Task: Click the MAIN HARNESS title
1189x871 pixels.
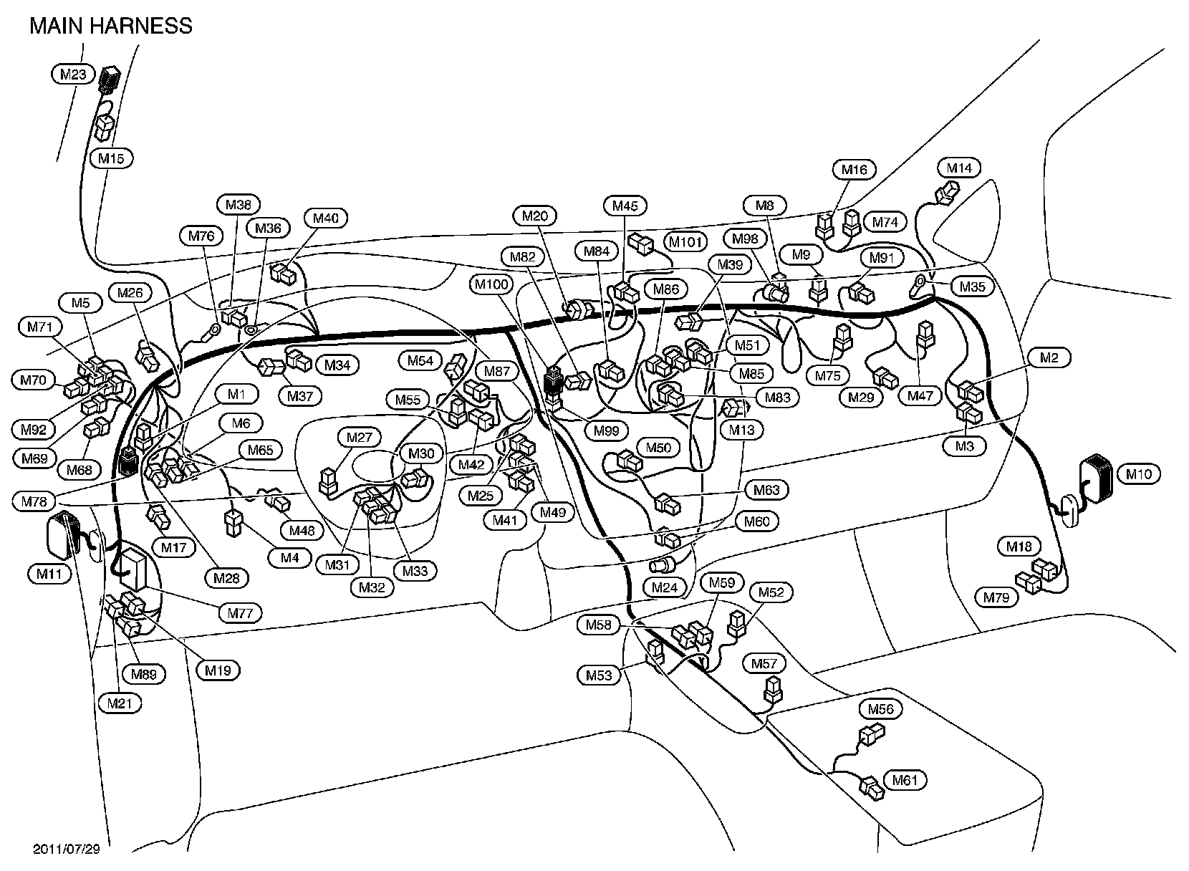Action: click(111, 26)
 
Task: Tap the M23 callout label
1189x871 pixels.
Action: click(73, 73)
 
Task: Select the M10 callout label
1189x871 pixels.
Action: click(1138, 474)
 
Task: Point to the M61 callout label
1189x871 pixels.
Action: click(905, 780)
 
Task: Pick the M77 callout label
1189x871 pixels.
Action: click(241, 613)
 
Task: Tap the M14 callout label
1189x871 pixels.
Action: click(959, 168)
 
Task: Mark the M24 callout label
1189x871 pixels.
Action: click(665, 588)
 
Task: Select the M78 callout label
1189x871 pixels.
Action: click(34, 502)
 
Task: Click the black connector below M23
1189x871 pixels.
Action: click(109, 78)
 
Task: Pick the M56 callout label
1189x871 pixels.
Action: click(880, 709)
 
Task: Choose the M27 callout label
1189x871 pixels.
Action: click(360, 438)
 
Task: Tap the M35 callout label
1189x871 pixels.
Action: click(973, 287)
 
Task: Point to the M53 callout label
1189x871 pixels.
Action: click(599, 675)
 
